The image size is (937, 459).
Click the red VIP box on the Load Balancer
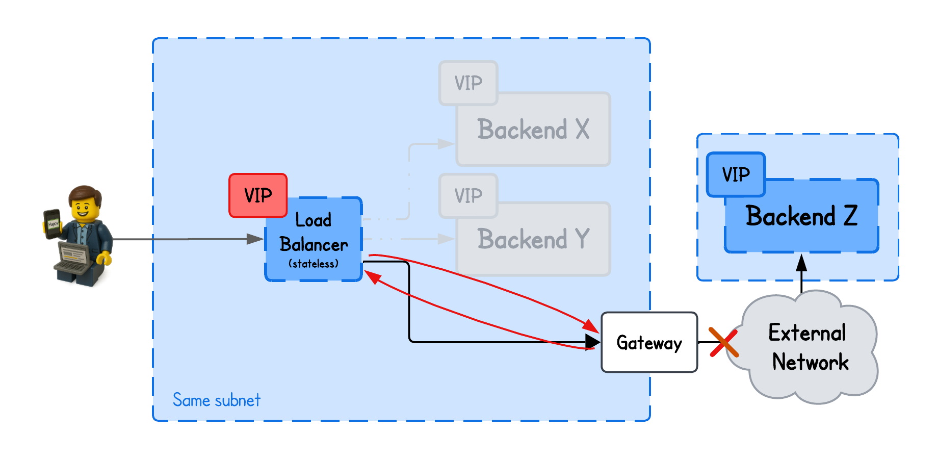[258, 195]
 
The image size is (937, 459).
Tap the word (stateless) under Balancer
[314, 264]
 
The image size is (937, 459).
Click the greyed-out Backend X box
[533, 130]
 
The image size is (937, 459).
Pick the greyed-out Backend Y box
[533, 239]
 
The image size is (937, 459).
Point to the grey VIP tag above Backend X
[468, 83]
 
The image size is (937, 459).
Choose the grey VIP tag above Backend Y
[468, 196]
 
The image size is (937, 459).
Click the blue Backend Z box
[801, 216]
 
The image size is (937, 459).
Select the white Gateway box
[649, 342]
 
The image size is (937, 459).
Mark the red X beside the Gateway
[723, 342]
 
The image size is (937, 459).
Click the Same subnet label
[216, 400]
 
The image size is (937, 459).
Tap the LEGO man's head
[85, 203]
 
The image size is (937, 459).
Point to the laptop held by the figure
[74, 258]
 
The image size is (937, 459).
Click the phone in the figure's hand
[53, 223]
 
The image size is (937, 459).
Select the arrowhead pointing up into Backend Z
[801, 262]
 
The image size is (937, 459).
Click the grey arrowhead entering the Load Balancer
[255, 239]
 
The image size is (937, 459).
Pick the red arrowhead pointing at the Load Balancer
[372, 277]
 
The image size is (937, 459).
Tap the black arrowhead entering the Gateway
[592, 342]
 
